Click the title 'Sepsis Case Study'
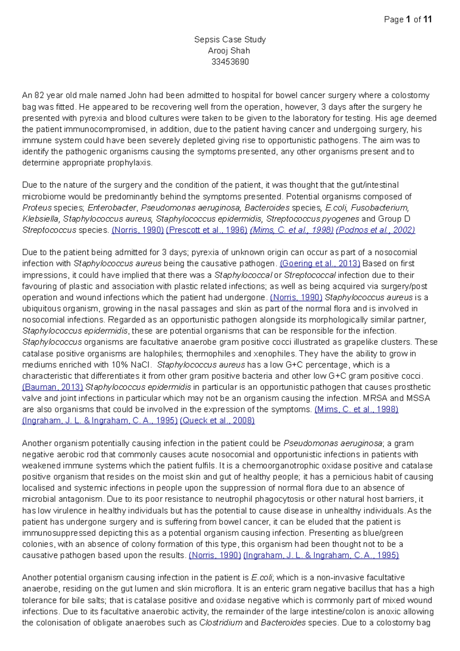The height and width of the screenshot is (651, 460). pos(230,39)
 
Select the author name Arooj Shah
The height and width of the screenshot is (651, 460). pos(229,51)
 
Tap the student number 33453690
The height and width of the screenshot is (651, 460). pos(230,62)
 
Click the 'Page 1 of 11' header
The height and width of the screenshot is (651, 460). pos(408,19)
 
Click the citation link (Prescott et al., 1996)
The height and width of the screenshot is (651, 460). pos(207,230)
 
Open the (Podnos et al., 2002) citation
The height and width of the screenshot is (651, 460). pos(375,230)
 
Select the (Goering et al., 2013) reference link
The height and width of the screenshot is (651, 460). pos(320,264)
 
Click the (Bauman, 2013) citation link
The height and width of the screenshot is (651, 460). pos(53,387)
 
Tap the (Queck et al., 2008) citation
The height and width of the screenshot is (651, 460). pos(217,421)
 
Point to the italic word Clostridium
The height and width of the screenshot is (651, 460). pos(221,623)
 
